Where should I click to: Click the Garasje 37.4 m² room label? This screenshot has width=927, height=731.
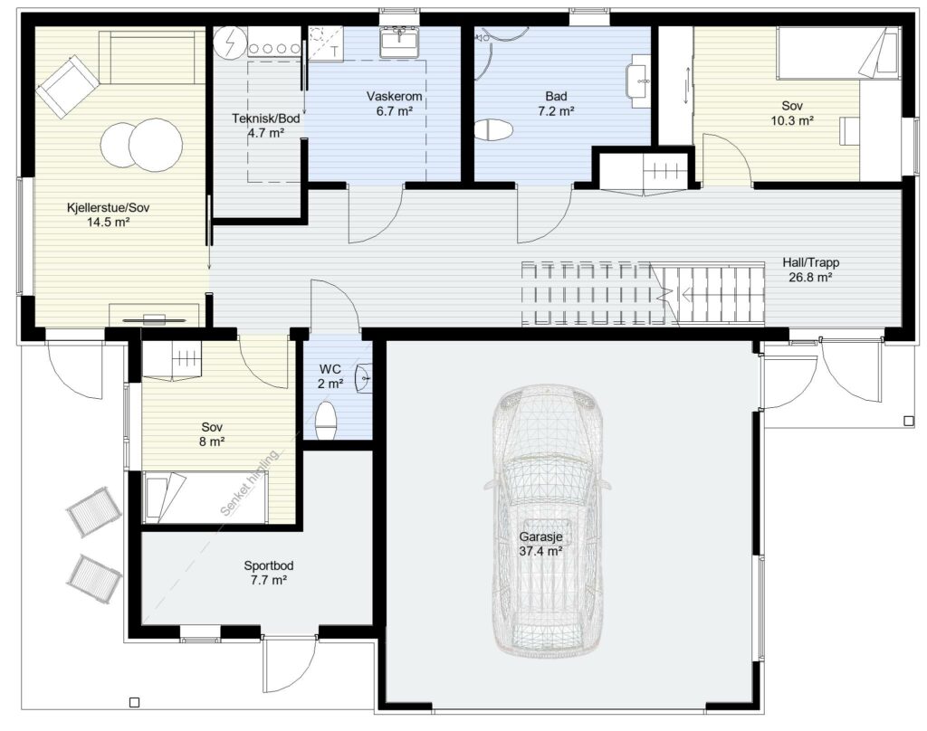click(x=540, y=545)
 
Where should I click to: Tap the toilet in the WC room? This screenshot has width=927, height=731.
click(x=326, y=420)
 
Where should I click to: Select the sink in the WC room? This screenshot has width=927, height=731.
click(x=365, y=376)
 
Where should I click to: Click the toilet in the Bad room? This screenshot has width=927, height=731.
click(x=493, y=130)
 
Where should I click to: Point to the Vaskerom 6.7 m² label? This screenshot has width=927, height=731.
click(x=394, y=103)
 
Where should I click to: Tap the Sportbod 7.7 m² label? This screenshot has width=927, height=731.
click(x=268, y=573)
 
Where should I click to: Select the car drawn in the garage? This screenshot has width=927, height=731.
click(x=548, y=520)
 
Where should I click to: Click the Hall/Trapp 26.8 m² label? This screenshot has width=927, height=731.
click(x=810, y=270)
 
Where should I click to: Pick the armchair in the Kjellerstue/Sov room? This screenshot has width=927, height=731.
click(x=67, y=90)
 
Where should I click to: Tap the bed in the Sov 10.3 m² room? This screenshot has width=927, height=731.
click(x=838, y=53)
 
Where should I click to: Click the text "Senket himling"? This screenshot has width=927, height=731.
click(x=249, y=483)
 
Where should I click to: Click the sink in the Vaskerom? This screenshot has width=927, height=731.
click(x=399, y=42)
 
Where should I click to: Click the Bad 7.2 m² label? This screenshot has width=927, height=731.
click(x=556, y=103)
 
